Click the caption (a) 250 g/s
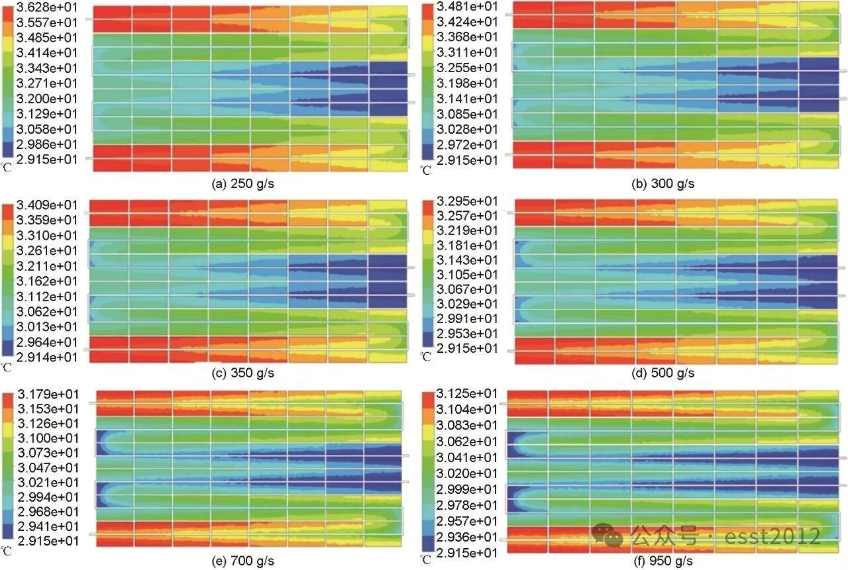pyautogui.click(x=242, y=184)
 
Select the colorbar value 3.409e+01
pyautogui.click(x=48, y=205)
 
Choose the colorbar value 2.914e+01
pyautogui.click(x=48, y=357)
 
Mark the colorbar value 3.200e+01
pyautogui.click(x=48, y=98)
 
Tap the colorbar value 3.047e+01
pyautogui.click(x=48, y=467)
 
